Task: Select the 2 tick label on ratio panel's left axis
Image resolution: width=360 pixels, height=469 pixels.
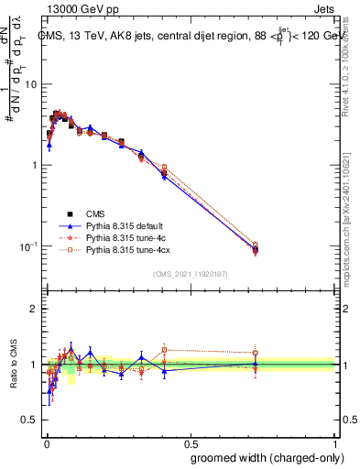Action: [x=34, y=309]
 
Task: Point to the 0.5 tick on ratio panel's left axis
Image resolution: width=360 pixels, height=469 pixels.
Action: [x=29, y=420]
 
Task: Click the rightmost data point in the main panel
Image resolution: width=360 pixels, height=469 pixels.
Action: [x=256, y=247]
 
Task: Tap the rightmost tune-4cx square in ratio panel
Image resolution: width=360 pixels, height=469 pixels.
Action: [x=256, y=353]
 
